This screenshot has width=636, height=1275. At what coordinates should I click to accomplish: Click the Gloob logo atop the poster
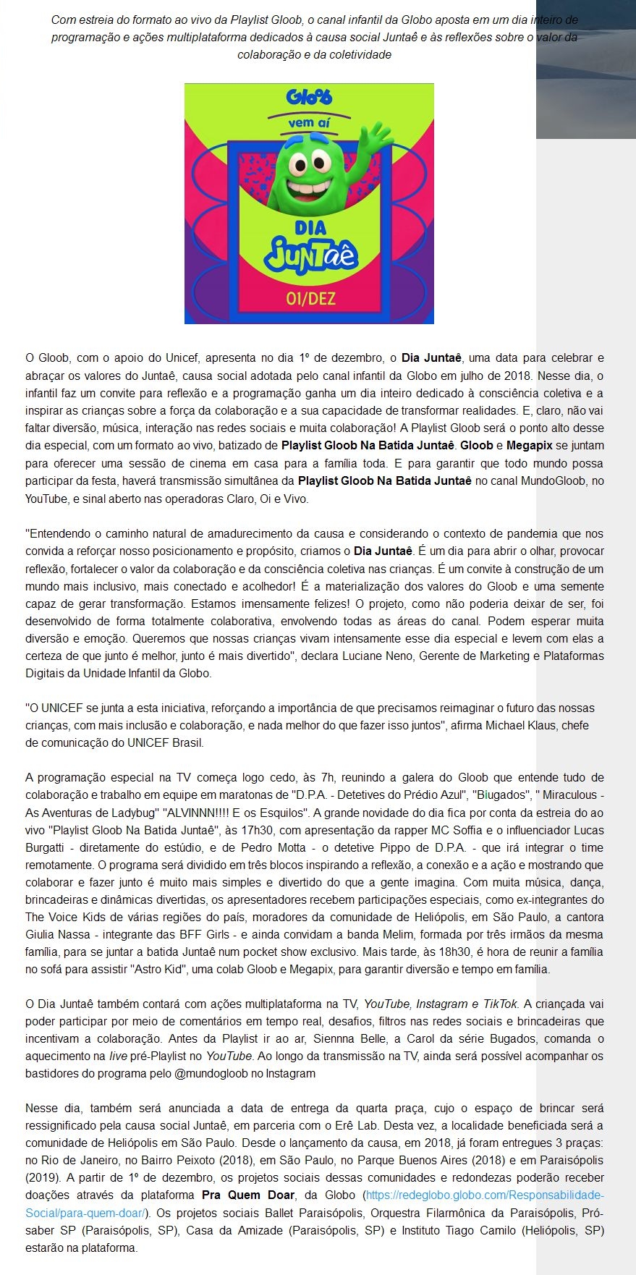coord(309,97)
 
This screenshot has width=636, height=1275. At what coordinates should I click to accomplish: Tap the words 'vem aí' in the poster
coord(309,122)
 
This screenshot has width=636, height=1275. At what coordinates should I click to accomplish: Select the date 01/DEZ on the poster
coord(310,298)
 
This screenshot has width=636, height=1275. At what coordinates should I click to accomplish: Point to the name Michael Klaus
coord(517,725)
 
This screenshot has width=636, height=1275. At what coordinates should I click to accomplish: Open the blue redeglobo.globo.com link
coord(484,1195)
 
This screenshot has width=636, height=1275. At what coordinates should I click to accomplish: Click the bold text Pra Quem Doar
coord(248,1195)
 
